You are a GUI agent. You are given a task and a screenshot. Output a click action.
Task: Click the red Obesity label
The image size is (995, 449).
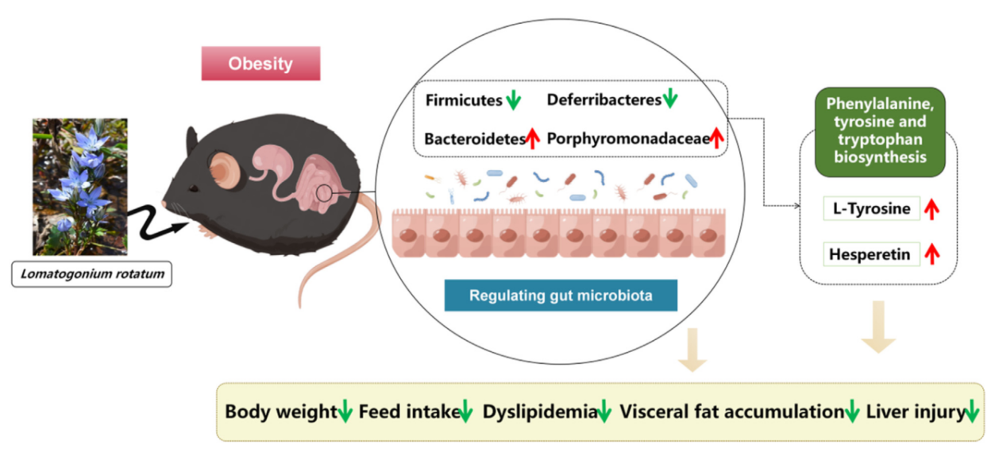[x=260, y=64]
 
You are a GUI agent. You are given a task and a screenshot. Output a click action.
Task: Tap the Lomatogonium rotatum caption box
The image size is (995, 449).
[x=92, y=274]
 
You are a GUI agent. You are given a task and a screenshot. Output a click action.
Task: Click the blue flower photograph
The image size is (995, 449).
[x=79, y=186]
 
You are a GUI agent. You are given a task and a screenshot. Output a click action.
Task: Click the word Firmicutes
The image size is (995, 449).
[x=464, y=101]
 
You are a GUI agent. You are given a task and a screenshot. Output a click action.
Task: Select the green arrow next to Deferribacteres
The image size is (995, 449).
[x=671, y=99]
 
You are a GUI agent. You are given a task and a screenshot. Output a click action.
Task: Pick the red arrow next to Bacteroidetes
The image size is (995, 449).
[x=532, y=138]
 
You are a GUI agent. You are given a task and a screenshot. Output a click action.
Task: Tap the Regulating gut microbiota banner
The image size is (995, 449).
[x=561, y=296]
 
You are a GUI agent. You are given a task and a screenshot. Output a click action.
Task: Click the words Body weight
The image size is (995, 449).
[x=281, y=412]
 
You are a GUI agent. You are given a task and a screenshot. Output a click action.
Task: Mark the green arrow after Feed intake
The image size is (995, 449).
[x=466, y=412]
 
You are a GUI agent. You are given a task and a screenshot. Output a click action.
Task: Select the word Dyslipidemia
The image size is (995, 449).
[x=539, y=412]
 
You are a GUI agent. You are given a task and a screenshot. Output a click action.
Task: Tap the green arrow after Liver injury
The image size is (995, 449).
[x=972, y=412]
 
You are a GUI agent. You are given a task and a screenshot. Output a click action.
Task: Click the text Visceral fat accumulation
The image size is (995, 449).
[x=731, y=412]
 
